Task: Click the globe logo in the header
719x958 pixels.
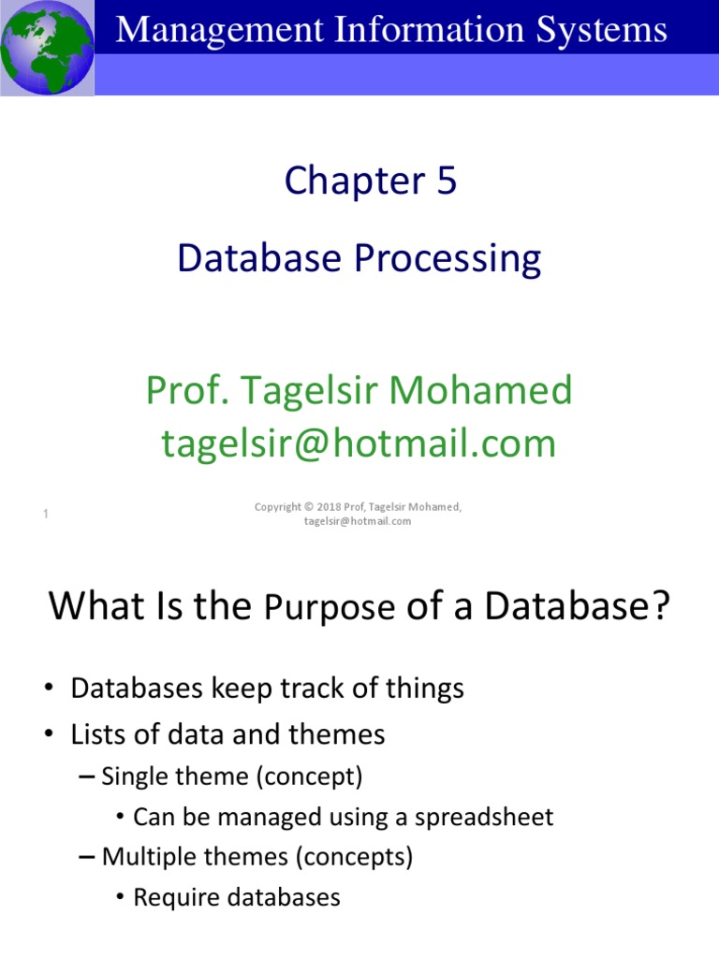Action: [47, 47]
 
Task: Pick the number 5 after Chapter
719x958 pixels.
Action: [446, 181]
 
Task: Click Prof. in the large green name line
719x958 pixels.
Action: [180, 390]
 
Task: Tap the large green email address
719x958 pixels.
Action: [359, 443]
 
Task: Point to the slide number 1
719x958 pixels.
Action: [46, 514]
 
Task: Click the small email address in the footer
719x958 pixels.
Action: [358, 521]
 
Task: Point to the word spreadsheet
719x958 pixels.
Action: [488, 817]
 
